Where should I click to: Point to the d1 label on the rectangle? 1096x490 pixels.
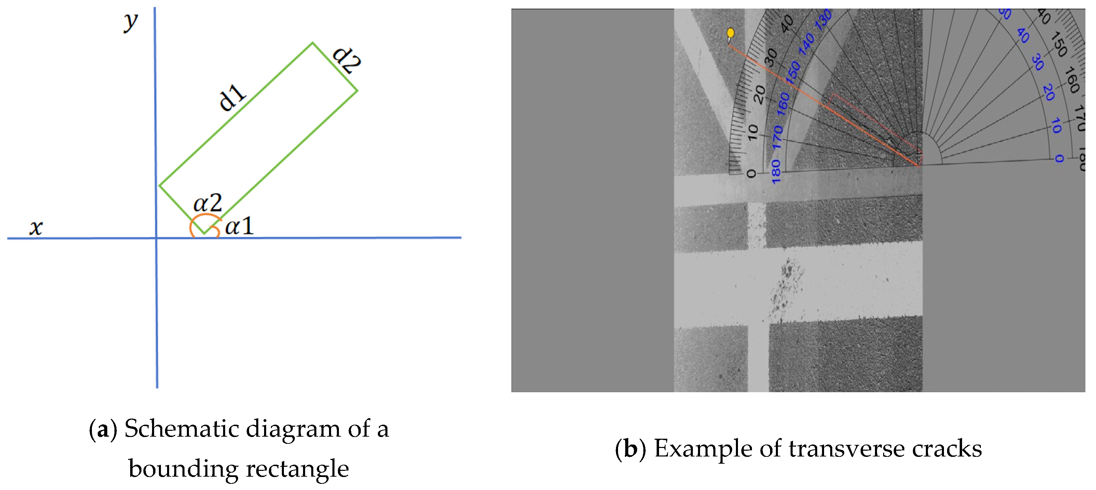pos(232,97)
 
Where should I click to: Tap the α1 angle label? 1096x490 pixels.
pos(239,226)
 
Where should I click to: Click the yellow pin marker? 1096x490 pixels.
pos(730,33)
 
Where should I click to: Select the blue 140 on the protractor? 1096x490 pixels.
pos(807,44)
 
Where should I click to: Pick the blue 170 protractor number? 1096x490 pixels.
pos(778,137)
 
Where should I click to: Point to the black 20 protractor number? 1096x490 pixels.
pos(759,94)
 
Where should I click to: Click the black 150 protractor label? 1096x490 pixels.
pos(1059,44)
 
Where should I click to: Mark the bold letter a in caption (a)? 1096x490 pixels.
pos(102,429)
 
